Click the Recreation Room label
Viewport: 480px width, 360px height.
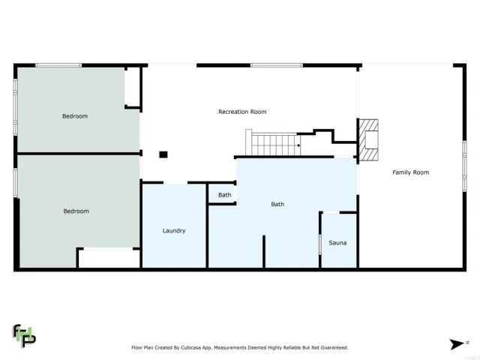point(242,112)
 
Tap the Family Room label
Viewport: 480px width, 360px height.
point(411,172)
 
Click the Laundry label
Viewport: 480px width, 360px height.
point(174,230)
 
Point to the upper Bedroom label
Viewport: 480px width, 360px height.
point(75,116)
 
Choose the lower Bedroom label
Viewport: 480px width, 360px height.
point(75,211)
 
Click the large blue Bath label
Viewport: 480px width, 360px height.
point(277,204)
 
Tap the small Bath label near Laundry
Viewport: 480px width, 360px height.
point(225,195)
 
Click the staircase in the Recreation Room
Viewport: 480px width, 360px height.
point(274,142)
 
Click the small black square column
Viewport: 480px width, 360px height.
point(163,154)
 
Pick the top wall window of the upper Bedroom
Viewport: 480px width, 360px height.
point(58,65)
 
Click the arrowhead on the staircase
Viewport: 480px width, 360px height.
point(298,145)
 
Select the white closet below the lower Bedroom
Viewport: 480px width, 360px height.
point(109,259)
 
